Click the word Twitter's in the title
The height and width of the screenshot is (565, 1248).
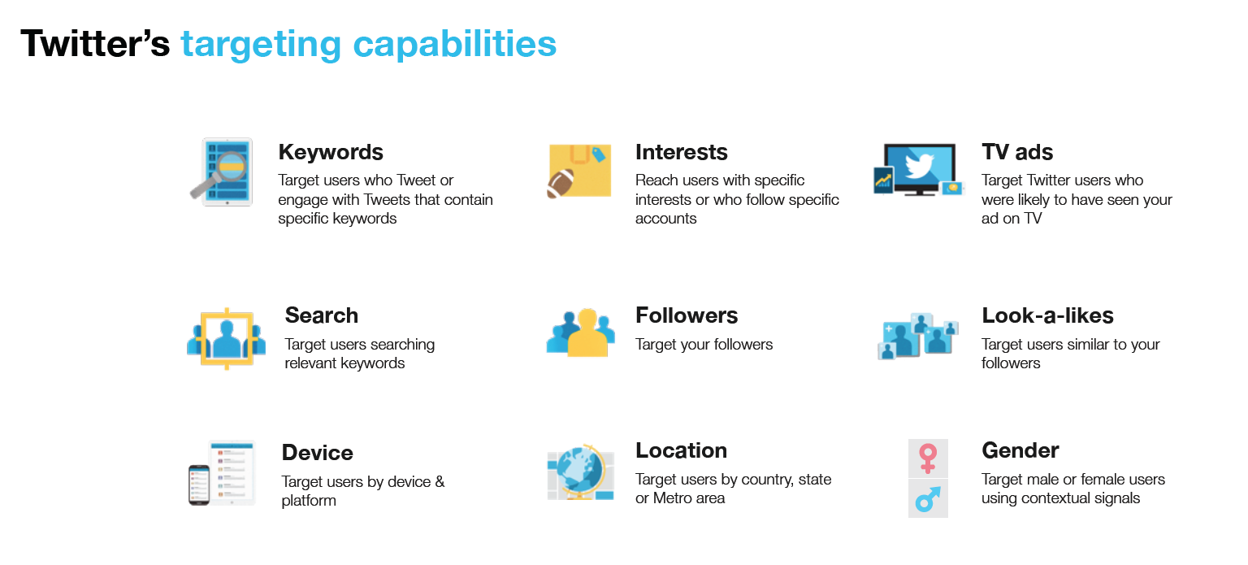95,43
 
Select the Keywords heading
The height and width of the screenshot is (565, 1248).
331,152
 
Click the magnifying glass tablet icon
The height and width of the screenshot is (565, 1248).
222,172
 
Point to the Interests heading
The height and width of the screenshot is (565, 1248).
681,152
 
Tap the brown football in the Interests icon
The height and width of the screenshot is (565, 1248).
560,183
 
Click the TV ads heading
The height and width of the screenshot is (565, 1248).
1016,151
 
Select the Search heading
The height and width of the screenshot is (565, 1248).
322,315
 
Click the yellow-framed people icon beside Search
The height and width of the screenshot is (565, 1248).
226,338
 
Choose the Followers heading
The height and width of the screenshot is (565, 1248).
687,315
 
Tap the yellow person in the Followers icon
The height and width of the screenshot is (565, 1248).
587,333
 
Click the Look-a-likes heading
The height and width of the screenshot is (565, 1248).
1047,315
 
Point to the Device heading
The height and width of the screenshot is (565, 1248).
317,453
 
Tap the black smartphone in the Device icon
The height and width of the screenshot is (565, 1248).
199,485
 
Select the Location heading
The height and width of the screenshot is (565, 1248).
681,450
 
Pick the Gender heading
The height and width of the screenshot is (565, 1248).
1020,450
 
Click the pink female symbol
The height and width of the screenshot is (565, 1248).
928,459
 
